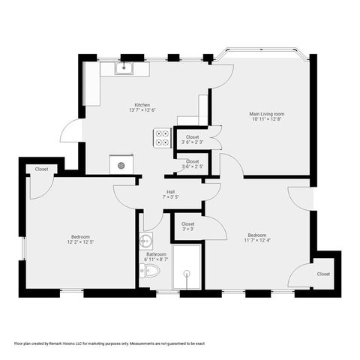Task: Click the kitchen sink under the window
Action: (x=124, y=70)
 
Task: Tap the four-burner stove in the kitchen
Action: (x=162, y=137)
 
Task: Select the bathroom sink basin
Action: (x=146, y=241)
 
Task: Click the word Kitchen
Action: (x=142, y=105)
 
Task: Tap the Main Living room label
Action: (x=267, y=114)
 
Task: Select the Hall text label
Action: (x=171, y=192)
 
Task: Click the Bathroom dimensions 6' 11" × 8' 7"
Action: (x=157, y=259)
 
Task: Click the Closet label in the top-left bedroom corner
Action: (x=41, y=169)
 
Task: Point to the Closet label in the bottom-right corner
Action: (x=323, y=274)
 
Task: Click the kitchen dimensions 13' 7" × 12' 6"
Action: (x=142, y=111)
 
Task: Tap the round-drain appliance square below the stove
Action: (x=121, y=163)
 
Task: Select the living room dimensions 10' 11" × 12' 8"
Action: (x=267, y=120)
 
